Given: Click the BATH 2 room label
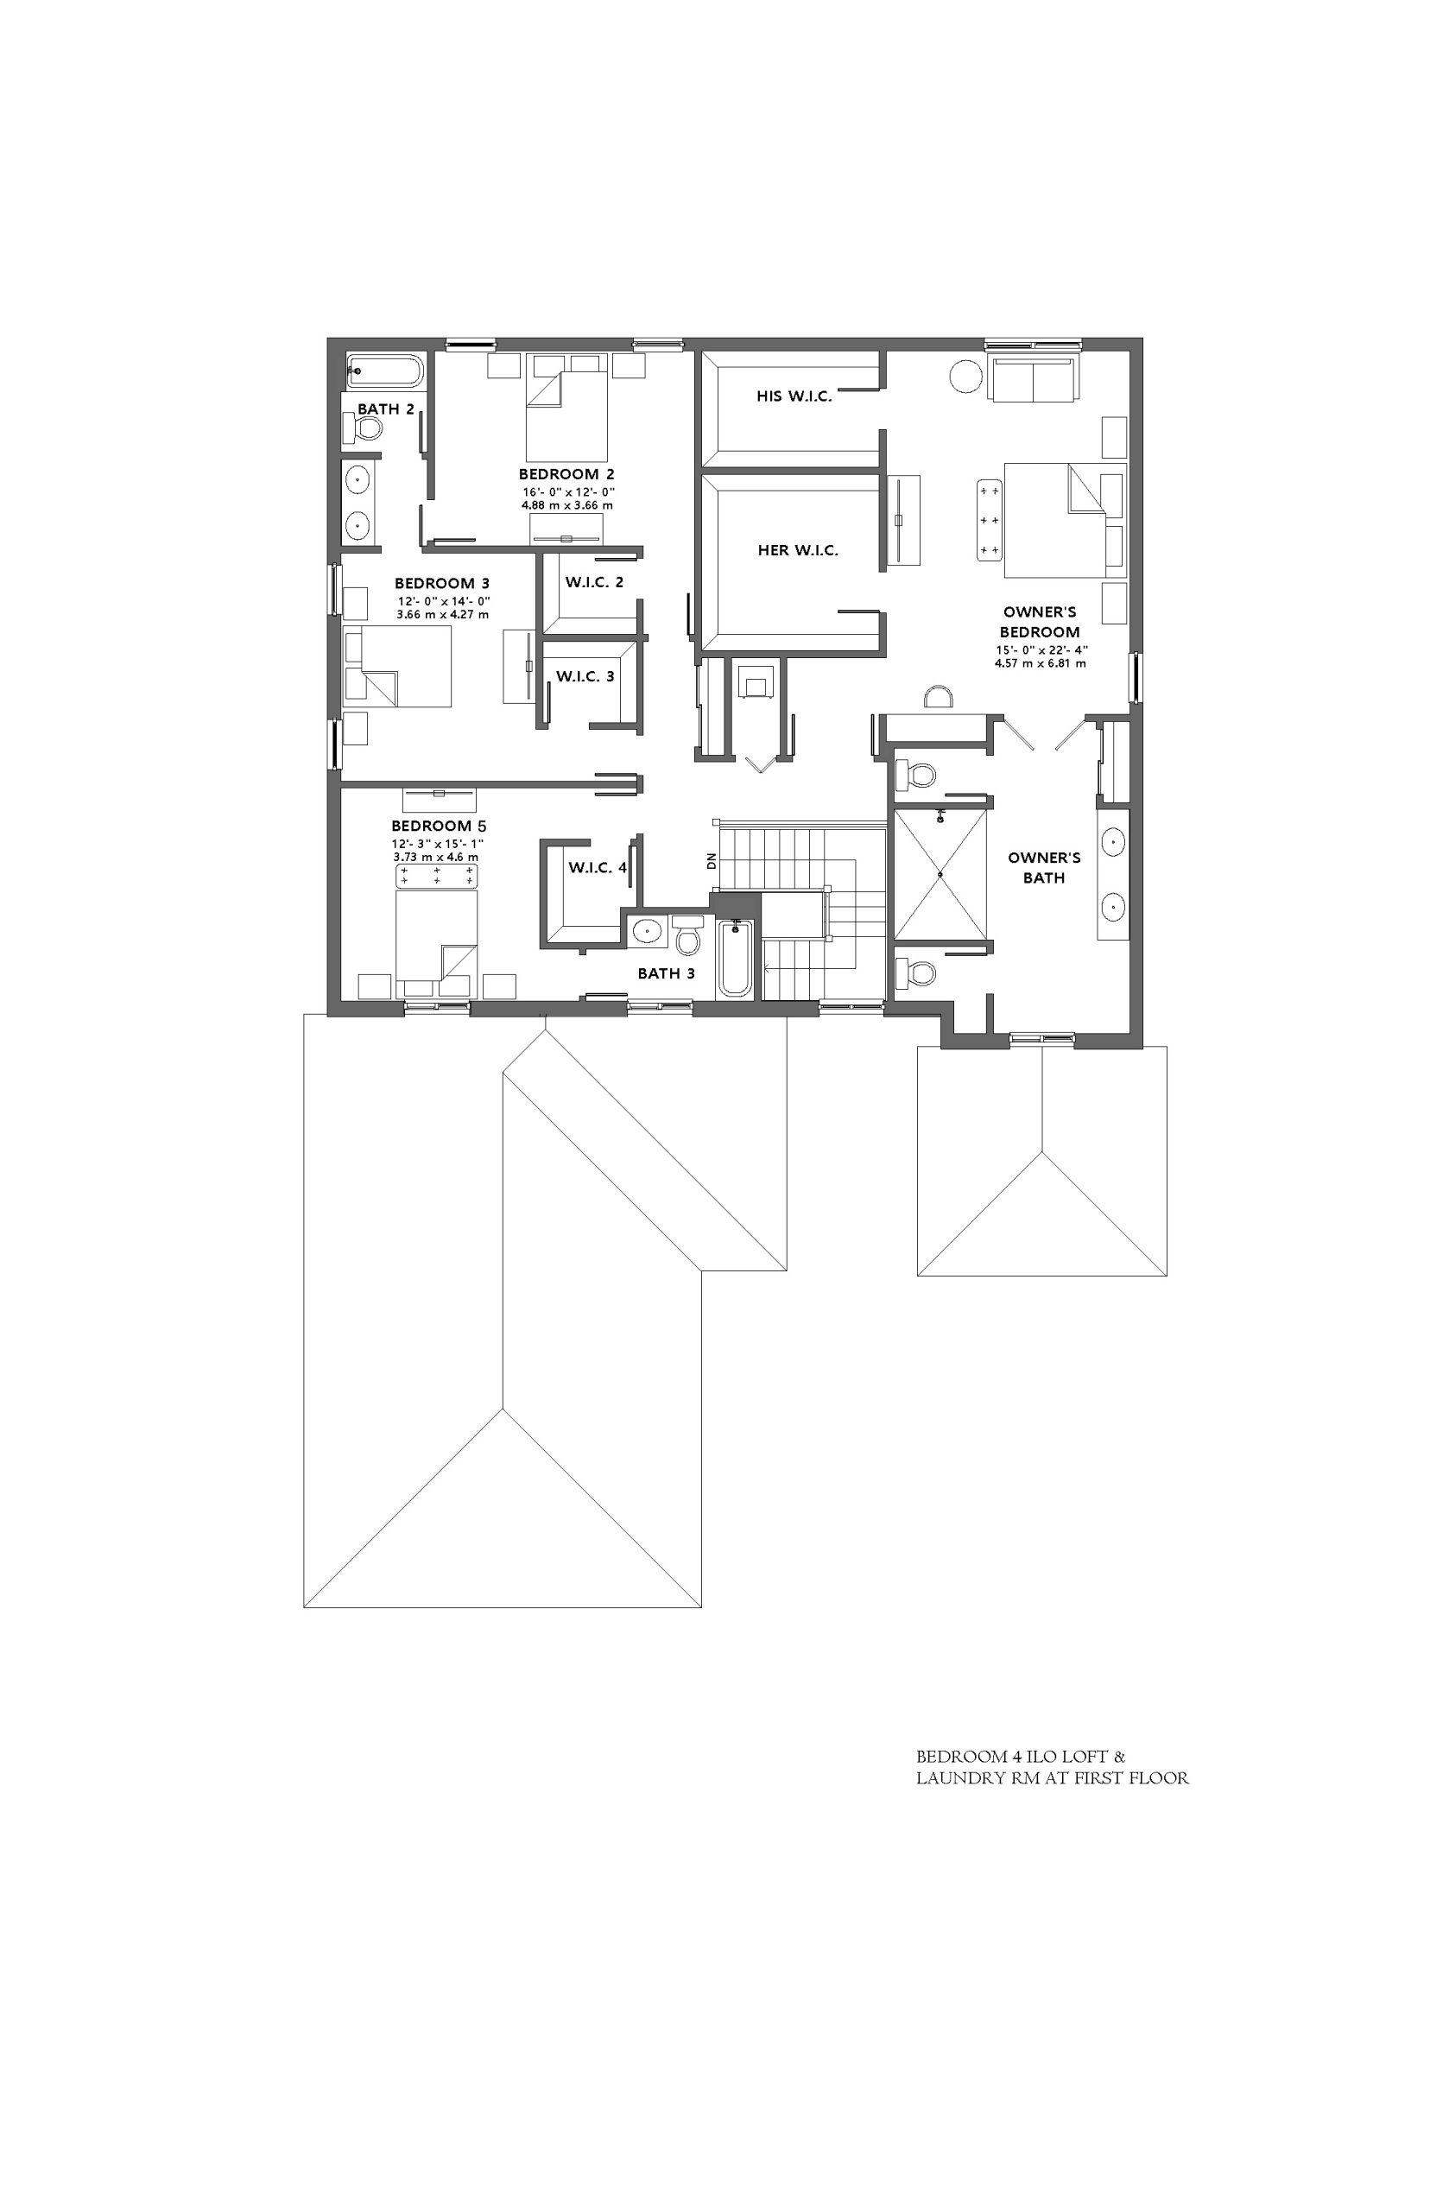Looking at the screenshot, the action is pyautogui.click(x=385, y=409).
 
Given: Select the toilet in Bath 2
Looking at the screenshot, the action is pyautogui.click(x=363, y=428).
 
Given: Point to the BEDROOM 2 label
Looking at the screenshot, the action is pyautogui.click(x=566, y=474).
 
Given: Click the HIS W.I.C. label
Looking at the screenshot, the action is pyautogui.click(x=794, y=396).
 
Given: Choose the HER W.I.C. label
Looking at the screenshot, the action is pyautogui.click(x=798, y=551).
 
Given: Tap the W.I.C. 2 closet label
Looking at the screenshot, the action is pyautogui.click(x=594, y=582).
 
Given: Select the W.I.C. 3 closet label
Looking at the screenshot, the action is pyautogui.click(x=585, y=676).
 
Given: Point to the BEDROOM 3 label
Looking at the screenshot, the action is pyautogui.click(x=442, y=583).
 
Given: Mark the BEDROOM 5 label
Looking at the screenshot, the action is pyautogui.click(x=440, y=826).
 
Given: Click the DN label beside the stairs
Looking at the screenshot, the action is pyautogui.click(x=712, y=861).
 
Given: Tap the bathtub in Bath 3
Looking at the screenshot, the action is pyautogui.click(x=735, y=958).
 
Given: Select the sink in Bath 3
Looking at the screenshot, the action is pyautogui.click(x=645, y=929).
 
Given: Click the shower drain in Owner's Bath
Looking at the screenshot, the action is pyautogui.click(x=940, y=874).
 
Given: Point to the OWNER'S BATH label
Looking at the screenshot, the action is pyautogui.click(x=1044, y=867).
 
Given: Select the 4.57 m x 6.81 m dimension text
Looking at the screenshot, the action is pyautogui.click(x=1040, y=664).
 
